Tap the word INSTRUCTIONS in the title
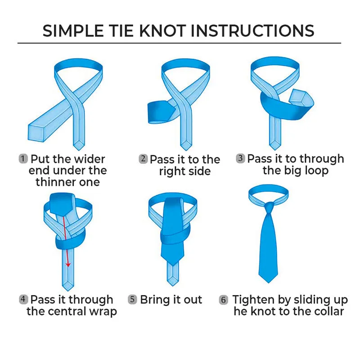point(252,31)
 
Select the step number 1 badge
point(23,159)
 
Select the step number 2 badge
point(143,159)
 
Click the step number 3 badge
point(241,158)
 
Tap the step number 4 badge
point(23,299)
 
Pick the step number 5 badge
point(132,300)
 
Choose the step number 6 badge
point(224,300)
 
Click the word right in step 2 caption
point(171,171)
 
